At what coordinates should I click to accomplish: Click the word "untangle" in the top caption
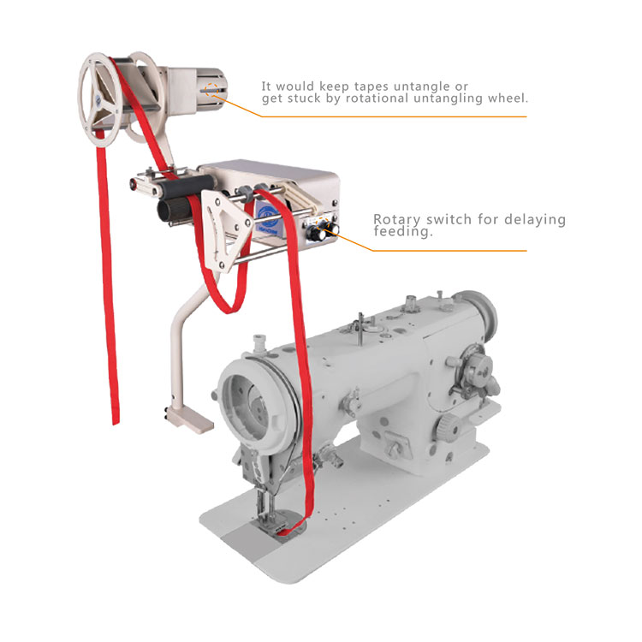(x=420, y=86)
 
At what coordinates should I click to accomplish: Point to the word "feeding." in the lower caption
(x=403, y=232)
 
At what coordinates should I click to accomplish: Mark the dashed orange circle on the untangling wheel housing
(x=211, y=90)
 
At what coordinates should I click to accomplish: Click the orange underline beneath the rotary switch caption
(x=449, y=251)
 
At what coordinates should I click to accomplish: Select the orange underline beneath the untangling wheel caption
(x=394, y=116)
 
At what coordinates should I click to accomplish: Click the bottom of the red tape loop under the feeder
(x=230, y=308)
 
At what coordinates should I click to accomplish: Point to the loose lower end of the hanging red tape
(x=116, y=419)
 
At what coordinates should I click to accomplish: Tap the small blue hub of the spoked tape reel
(x=98, y=98)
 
